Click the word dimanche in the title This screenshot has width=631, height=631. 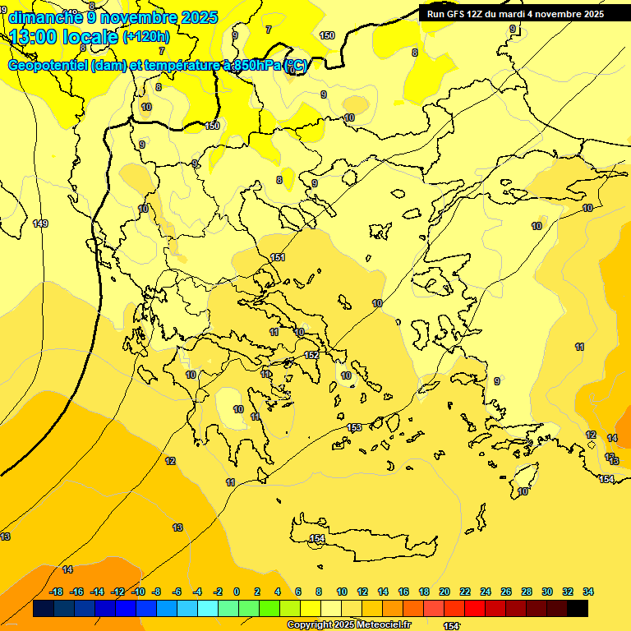point(44,17)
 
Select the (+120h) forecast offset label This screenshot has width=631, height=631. point(146,37)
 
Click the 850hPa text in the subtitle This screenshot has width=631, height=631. point(256,66)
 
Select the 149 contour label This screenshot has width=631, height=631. point(40,223)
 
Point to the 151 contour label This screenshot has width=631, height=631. point(278,257)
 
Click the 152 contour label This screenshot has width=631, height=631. point(311,355)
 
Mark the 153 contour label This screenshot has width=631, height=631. point(354,427)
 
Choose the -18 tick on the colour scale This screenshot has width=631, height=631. point(57,592)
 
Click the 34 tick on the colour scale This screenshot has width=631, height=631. point(588,592)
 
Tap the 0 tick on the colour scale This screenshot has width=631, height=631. point(237,592)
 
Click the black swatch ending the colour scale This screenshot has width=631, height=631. point(578,608)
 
